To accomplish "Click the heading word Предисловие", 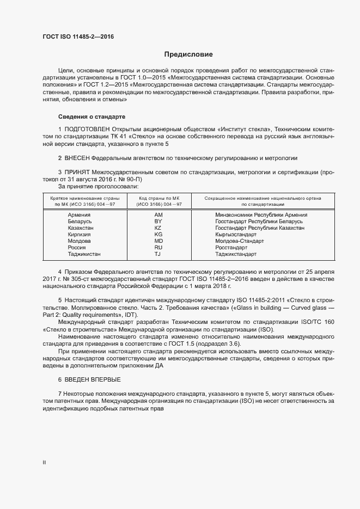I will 188,54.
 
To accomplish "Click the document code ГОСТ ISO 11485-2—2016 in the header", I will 78,37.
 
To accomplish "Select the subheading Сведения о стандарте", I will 91,117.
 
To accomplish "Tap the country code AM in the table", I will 158,215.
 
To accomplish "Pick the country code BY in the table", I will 158,222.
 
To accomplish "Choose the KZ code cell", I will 158,228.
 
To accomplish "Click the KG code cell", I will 158,235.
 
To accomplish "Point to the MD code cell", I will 158,241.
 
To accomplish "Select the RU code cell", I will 158,248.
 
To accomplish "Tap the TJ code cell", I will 158,254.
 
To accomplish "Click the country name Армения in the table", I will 80,215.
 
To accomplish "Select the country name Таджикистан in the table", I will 84,254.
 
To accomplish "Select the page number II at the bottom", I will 44,463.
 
